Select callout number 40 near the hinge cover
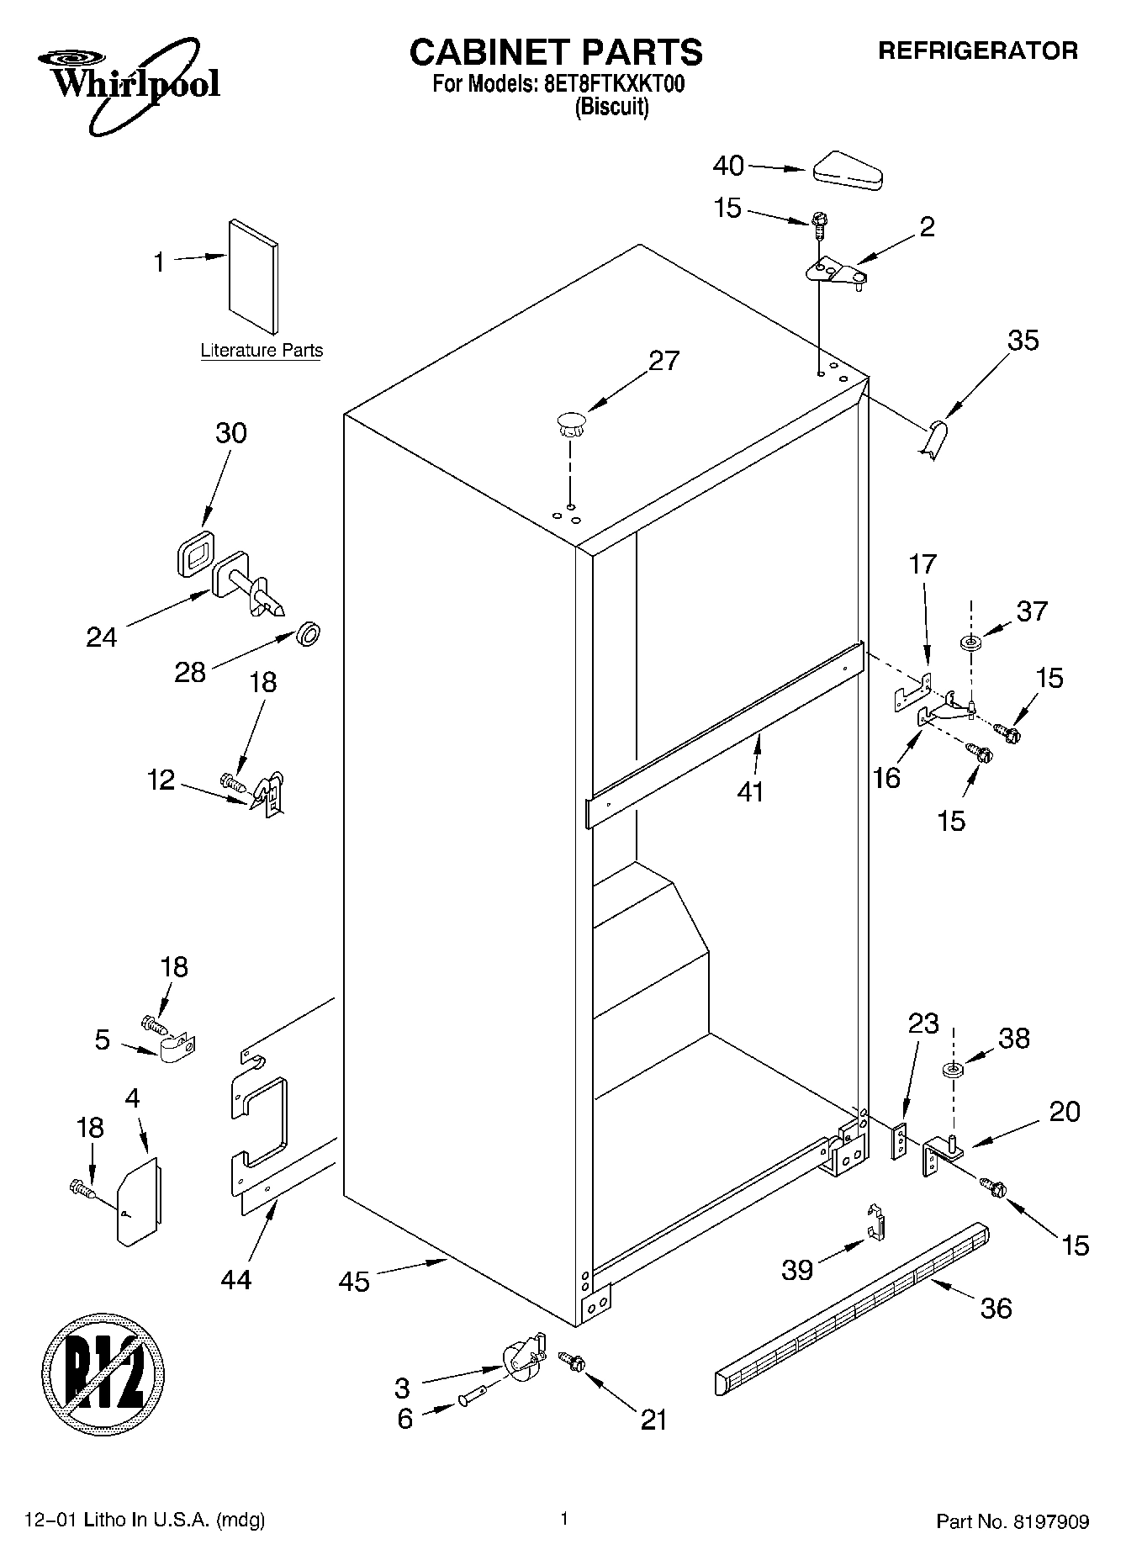coord(728,166)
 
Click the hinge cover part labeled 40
coord(847,171)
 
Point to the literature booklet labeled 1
coord(253,277)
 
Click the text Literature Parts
coord(262,351)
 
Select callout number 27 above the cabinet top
coord(663,361)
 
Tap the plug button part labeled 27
coord(569,422)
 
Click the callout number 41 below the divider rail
coord(749,791)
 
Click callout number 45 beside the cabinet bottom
coord(354,1282)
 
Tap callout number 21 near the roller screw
coord(653,1420)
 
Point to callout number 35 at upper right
coord(1023,340)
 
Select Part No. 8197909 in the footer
coord(1012,1521)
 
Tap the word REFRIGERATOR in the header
coord(977,50)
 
